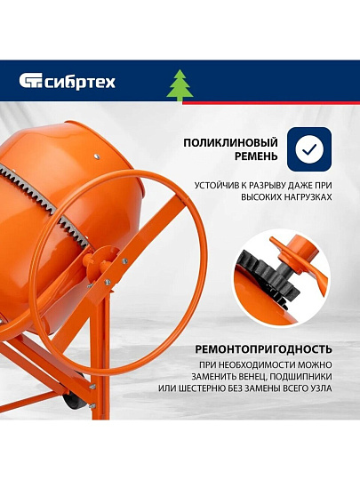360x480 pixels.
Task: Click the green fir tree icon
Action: (x=180, y=85)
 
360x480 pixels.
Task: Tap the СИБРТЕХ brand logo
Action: (x=68, y=82)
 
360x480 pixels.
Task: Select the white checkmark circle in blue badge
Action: (x=309, y=149)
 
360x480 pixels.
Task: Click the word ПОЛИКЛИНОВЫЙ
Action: (x=230, y=142)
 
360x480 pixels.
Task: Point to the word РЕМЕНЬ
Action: (x=256, y=156)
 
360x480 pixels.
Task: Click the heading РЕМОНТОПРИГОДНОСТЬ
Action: (x=264, y=349)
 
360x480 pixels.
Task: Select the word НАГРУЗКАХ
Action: (x=308, y=197)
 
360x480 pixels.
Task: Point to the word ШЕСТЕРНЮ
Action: (x=202, y=388)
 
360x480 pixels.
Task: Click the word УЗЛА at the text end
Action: (x=321, y=388)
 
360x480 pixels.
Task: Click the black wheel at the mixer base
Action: (x=73, y=400)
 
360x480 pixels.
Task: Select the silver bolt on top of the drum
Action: (x=97, y=156)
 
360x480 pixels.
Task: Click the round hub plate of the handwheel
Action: (x=102, y=262)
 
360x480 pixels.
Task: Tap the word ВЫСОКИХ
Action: (x=261, y=197)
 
